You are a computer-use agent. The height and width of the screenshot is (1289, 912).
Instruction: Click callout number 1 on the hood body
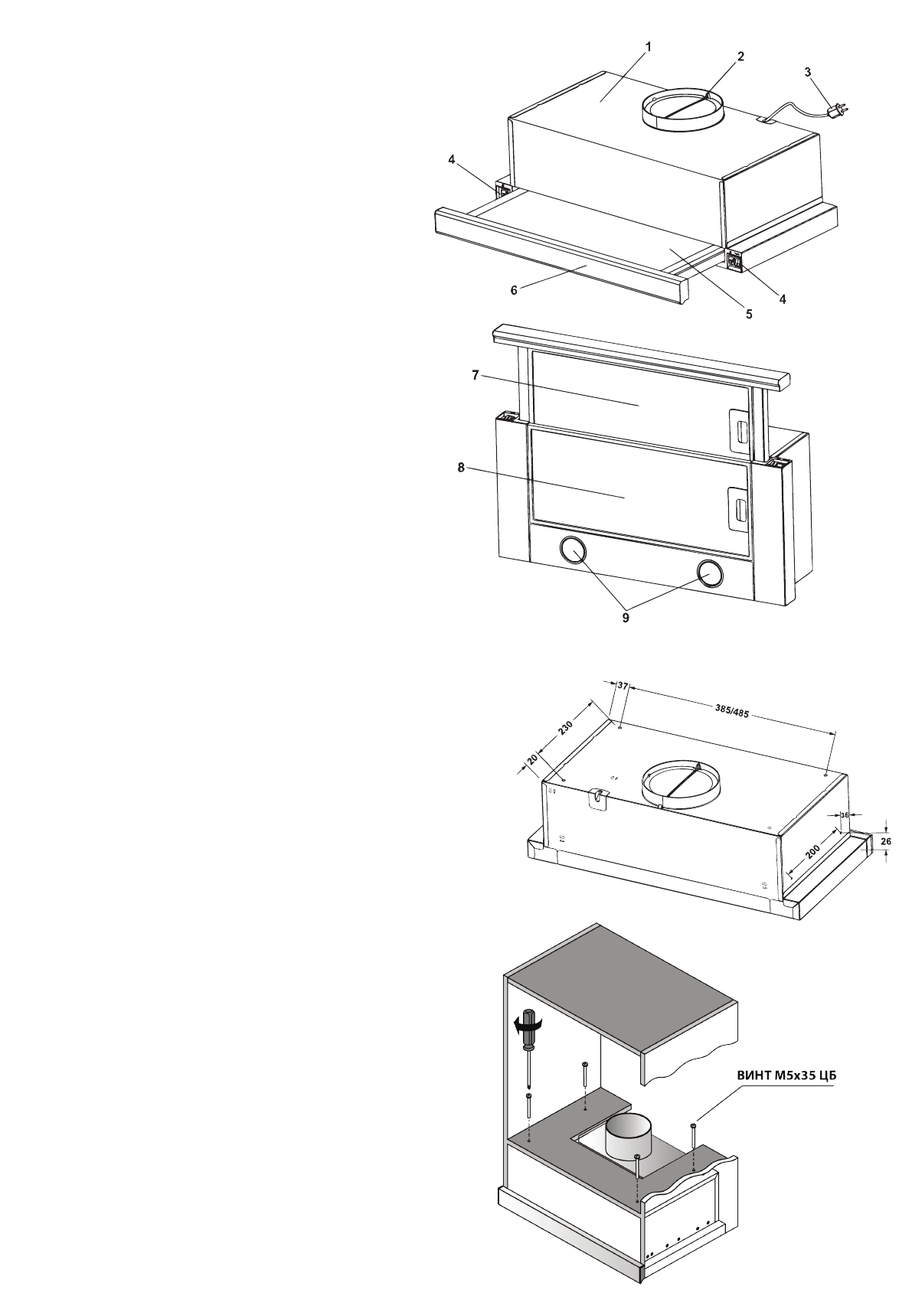[648, 47]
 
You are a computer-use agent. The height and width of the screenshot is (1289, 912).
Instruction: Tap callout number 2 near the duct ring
[740, 56]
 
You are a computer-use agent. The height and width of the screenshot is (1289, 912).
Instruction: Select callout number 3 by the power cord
[808, 71]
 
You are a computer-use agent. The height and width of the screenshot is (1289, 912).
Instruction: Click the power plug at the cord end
[838, 115]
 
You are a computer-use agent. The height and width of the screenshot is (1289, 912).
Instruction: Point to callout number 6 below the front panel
[514, 291]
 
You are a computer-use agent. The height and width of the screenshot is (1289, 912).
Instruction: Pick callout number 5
[749, 313]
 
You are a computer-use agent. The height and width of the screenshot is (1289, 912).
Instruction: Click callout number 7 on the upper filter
[475, 375]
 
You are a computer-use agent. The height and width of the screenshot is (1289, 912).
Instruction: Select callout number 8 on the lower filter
[461, 468]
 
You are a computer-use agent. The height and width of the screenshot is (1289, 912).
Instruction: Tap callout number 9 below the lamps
[626, 617]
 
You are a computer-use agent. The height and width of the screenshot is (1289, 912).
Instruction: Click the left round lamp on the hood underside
[572, 550]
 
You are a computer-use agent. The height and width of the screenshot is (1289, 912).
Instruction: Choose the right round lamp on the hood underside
[710, 572]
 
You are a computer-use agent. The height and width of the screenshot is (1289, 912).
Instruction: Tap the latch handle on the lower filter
[739, 509]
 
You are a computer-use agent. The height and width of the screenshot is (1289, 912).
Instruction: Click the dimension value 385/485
[732, 712]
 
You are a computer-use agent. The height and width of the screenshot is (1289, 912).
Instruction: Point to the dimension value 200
[812, 853]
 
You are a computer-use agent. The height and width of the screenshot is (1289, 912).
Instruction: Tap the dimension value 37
[623, 687]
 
